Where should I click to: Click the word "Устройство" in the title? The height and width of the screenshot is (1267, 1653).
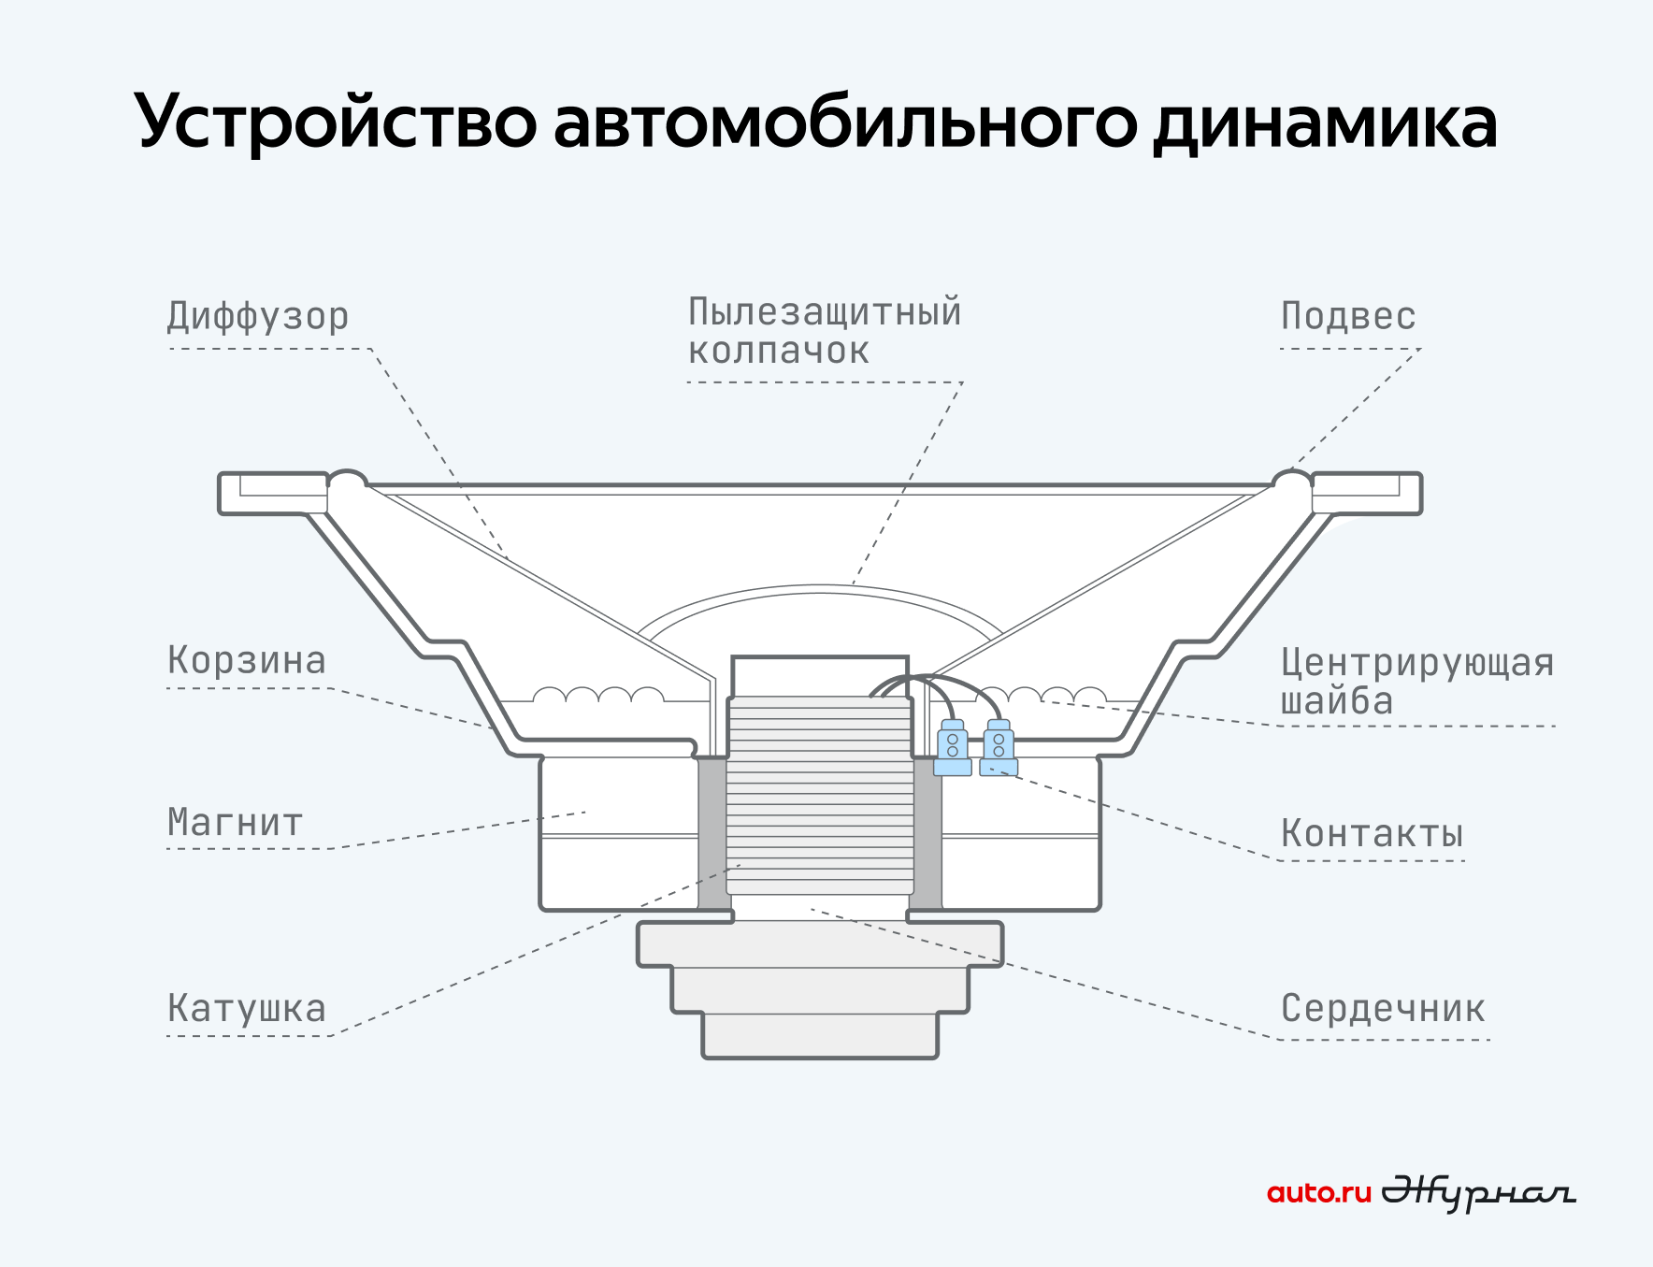coord(336,122)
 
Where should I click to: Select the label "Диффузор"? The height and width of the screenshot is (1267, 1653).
coord(258,316)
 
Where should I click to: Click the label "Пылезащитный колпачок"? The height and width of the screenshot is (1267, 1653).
coord(825,331)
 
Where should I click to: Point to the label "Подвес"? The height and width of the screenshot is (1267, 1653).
coord(1348,316)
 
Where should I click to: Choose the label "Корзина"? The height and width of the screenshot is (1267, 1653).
coord(247,660)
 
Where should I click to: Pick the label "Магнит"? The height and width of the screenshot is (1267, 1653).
coord(235,823)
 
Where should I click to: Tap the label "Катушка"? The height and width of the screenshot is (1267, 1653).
coord(247,1008)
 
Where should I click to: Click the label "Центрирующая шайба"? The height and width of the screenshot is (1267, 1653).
coord(1417,682)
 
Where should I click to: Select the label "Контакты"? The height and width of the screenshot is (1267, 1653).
coord(1372,833)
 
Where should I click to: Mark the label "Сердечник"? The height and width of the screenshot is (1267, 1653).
coord(1383,1008)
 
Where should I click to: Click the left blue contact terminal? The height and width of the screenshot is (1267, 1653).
coord(953,747)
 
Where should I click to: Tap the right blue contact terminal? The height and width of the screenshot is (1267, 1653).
coord(999,747)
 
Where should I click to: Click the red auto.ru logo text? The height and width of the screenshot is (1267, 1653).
coord(1318,1193)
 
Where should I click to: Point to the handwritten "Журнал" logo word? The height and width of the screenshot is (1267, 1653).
coord(1478,1193)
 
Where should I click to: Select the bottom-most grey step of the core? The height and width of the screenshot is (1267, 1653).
coord(820,1035)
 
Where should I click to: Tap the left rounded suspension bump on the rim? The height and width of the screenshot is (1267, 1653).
coord(347,482)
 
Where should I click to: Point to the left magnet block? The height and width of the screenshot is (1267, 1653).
coord(619,833)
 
